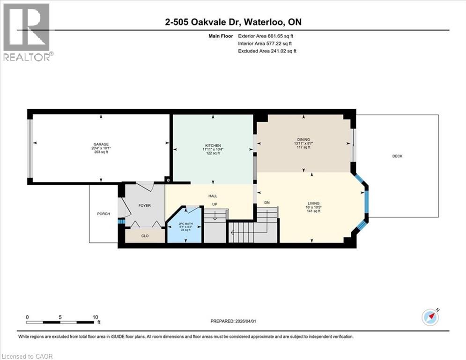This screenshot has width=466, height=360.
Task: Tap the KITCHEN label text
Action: tap(213, 145)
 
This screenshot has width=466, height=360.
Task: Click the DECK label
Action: tap(397, 156)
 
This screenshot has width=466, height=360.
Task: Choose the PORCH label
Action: tap(104, 214)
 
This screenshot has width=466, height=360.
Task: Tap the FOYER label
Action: tap(144, 205)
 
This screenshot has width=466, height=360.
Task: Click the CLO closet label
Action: tap(145, 236)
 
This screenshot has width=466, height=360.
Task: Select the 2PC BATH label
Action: tap(185, 223)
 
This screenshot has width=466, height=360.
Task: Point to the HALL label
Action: tap(213, 196)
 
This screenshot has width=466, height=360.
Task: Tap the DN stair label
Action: tap(267, 202)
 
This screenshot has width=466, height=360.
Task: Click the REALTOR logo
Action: tap(27, 32)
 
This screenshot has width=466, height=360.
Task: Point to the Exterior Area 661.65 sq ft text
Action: tap(266, 36)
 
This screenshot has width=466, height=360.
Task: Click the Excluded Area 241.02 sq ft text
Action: tap(266, 51)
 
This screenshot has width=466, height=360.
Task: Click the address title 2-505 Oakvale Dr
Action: tap(206, 22)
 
